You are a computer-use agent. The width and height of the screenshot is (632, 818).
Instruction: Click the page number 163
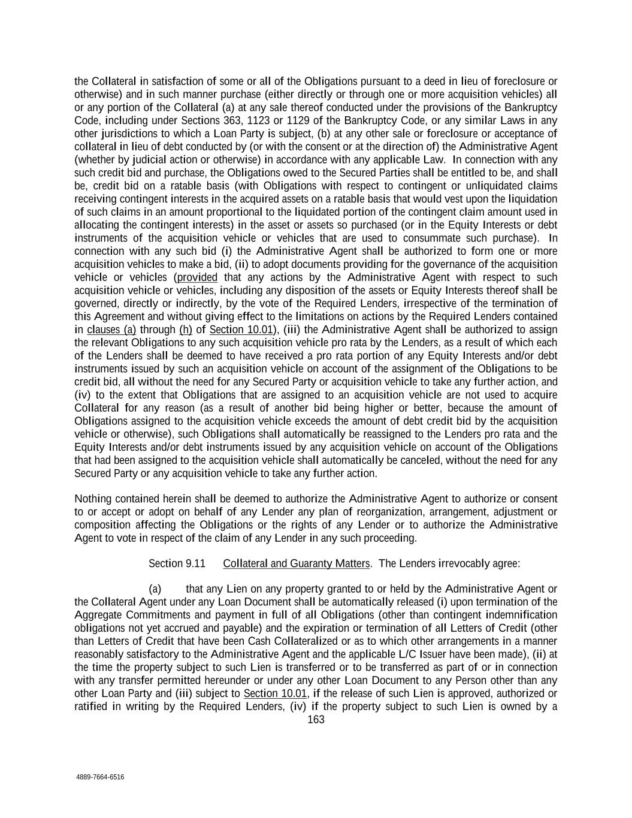316,720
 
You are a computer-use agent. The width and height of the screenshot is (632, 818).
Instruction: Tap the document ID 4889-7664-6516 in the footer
100,777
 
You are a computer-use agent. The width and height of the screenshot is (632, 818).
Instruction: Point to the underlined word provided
197,277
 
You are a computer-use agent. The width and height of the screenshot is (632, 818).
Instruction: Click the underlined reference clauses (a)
111,330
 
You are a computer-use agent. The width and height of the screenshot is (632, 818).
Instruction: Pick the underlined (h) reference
185,330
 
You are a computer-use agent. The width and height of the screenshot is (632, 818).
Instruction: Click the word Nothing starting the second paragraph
93,499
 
